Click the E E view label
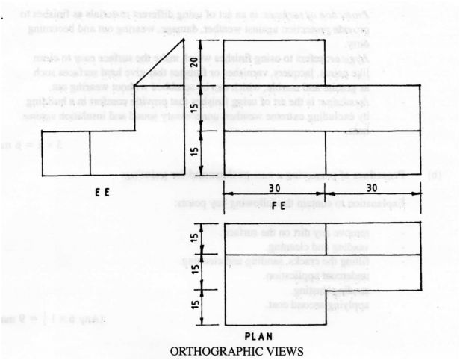(104, 192)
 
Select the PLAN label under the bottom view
(260, 336)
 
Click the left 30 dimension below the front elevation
(274, 189)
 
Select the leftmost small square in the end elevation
(66, 153)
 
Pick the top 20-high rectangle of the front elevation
(274, 63)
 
